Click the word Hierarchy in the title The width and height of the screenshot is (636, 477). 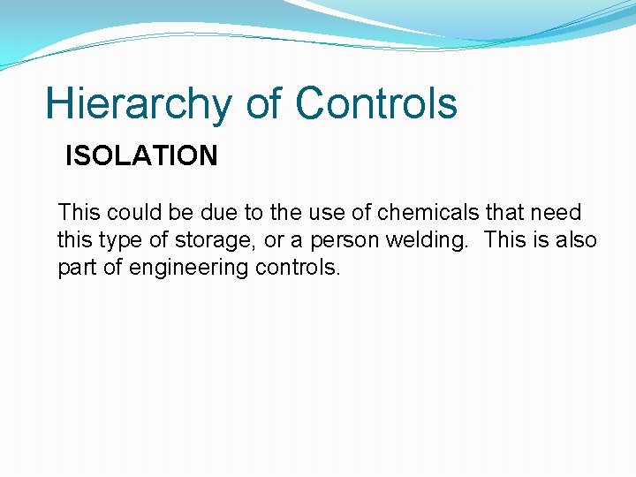[x=139, y=103]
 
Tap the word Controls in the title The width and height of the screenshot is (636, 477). [x=376, y=103]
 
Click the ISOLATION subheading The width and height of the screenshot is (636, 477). [x=141, y=156]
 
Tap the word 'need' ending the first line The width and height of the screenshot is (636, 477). [x=557, y=213]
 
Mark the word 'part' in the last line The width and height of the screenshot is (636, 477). [x=78, y=268]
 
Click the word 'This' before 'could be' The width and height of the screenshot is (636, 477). [x=79, y=213]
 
